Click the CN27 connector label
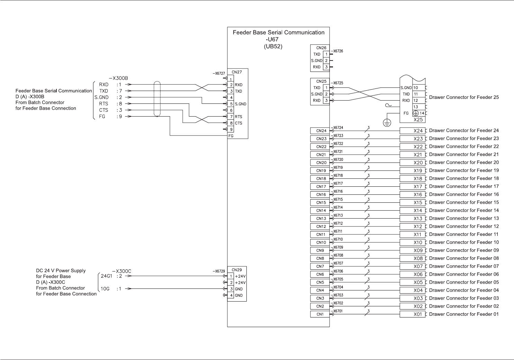click(x=236, y=72)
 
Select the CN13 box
click(x=320, y=219)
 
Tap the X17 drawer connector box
click(x=412, y=187)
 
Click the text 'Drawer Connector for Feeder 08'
click(x=464, y=258)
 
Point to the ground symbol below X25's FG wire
click(x=387, y=123)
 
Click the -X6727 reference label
click(x=219, y=73)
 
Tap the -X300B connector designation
click(x=118, y=78)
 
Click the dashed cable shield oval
click(x=157, y=99)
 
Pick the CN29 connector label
click(x=236, y=270)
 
